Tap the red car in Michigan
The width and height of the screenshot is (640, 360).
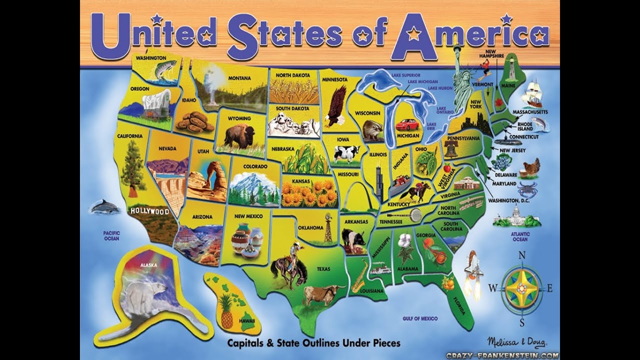407,124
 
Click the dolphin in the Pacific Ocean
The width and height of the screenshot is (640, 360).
104,206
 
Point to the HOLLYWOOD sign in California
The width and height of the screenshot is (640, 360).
149,211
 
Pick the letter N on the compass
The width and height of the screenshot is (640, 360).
522,256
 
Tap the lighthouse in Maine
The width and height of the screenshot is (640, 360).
511,70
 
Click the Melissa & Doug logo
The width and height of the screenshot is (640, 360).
516,342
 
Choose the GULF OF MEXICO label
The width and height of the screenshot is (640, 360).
420,318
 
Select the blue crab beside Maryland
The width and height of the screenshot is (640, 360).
527,189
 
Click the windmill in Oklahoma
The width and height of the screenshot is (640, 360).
327,227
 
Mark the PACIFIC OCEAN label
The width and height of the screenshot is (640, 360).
111,235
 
